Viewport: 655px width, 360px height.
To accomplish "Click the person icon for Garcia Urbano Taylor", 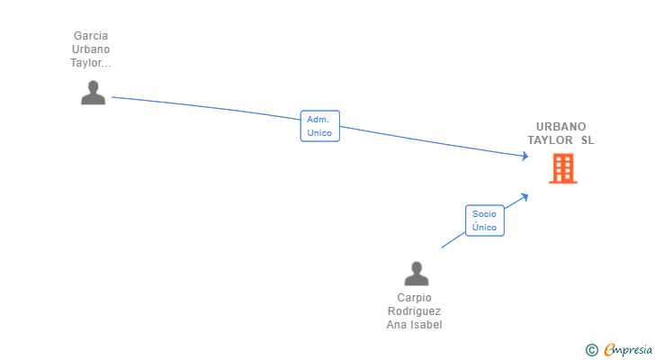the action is (93, 93).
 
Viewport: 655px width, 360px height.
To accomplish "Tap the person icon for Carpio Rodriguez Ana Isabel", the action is (416, 274).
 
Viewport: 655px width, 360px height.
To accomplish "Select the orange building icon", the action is (563, 168).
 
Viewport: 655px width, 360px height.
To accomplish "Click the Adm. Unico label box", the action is (319, 126).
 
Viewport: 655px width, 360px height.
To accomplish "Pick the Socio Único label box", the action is (484, 220).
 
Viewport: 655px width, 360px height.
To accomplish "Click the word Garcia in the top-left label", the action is (90, 36).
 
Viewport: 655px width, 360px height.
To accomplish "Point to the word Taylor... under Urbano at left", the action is (90, 63).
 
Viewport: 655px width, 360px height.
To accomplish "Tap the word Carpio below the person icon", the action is (414, 298).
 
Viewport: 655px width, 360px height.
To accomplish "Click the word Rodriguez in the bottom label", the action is (414, 311).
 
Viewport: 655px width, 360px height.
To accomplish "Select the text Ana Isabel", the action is (414, 325).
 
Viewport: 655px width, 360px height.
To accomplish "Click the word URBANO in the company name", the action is (561, 127).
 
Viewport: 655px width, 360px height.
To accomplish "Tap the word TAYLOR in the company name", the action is (551, 140).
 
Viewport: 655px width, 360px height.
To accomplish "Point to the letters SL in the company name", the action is (588, 140).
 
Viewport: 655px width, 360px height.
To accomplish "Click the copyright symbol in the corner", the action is (591, 350).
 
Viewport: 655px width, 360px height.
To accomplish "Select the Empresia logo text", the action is (627, 349).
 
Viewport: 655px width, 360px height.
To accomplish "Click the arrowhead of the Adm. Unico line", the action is (525, 157).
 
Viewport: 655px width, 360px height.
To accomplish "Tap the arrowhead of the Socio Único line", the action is (525, 196).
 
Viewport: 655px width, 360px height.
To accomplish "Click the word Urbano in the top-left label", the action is (90, 49).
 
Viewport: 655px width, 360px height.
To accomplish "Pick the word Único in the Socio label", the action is (484, 228).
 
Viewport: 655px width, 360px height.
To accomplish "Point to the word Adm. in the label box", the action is (319, 119).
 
